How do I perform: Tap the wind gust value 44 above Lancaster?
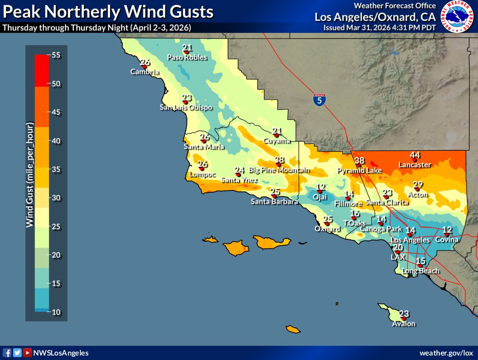pyautogui.click(x=415, y=155)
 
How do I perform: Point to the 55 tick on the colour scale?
pyautogui.click(x=56, y=55)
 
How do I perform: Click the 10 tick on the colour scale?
pyautogui.click(x=56, y=312)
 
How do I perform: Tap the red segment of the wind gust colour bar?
pyautogui.click(x=41, y=71)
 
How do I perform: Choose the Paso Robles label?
pyautogui.click(x=187, y=57)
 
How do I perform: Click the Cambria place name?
pyautogui.click(x=145, y=72)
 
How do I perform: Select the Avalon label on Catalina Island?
pyautogui.click(x=404, y=324)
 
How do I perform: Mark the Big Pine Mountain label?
pyautogui.click(x=279, y=170)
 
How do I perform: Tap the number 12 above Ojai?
pyautogui.click(x=321, y=187)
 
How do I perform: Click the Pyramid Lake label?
pyautogui.click(x=360, y=171)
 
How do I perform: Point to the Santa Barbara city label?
pyautogui.click(x=274, y=202)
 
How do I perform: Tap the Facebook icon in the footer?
pyautogui.click(x=8, y=353)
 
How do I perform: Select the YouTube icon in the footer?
pyautogui.click(x=27, y=353)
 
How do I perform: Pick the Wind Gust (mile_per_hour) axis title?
pyautogui.click(x=30, y=177)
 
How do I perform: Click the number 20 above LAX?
pyautogui.click(x=398, y=248)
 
